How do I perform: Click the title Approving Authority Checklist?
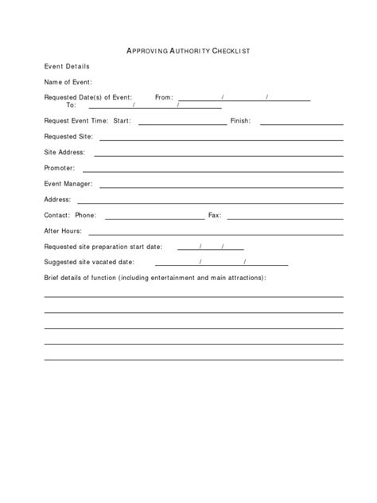(x=188, y=51)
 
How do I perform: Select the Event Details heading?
(x=67, y=66)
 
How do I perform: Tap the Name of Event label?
(x=68, y=82)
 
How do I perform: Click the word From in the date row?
(x=164, y=97)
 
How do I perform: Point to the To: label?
(x=71, y=105)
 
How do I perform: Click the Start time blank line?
(x=182, y=124)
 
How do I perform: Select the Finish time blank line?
(x=301, y=124)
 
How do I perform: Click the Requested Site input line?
(x=221, y=139)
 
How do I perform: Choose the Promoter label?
(x=60, y=168)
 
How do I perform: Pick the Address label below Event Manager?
(x=58, y=199)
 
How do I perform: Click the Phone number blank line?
(x=154, y=217)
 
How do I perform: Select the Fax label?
(x=214, y=215)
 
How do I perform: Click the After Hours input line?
(x=216, y=233)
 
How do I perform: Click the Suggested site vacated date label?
(x=89, y=261)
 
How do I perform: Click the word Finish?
(x=240, y=121)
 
